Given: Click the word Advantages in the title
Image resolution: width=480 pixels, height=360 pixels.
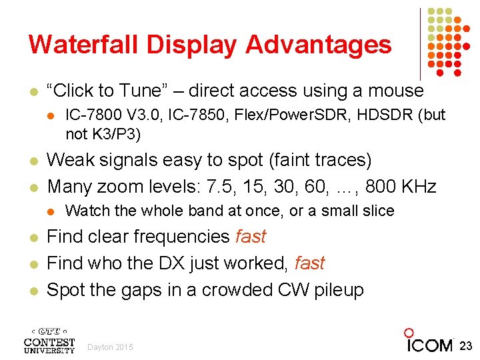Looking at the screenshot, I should [319, 45].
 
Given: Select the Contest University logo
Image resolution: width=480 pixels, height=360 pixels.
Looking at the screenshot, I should [49, 339].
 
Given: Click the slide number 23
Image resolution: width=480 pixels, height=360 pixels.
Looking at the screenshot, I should [465, 345].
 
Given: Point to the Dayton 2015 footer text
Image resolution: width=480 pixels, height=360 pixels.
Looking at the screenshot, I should [111, 347].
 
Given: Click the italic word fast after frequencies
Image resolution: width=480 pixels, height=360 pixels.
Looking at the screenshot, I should [251, 237].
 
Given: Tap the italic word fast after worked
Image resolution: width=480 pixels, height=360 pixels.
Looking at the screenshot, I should [309, 263].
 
